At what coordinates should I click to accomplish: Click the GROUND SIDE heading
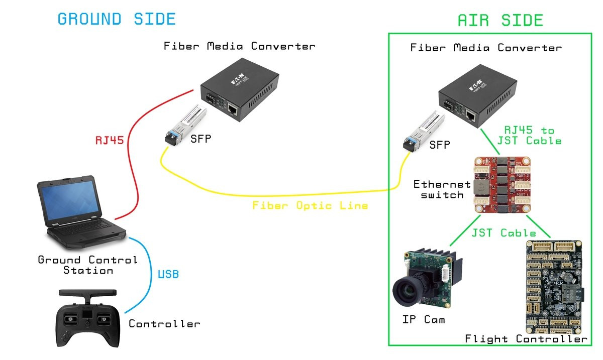(117, 19)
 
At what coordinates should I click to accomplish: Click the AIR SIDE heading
(500, 21)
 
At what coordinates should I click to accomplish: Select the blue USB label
(168, 275)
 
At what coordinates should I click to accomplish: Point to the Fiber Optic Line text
(310, 205)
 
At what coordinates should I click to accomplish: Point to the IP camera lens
(408, 291)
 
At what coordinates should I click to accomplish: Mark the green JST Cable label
(504, 233)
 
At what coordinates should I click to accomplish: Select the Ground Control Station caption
(87, 265)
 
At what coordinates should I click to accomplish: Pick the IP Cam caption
(424, 319)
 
